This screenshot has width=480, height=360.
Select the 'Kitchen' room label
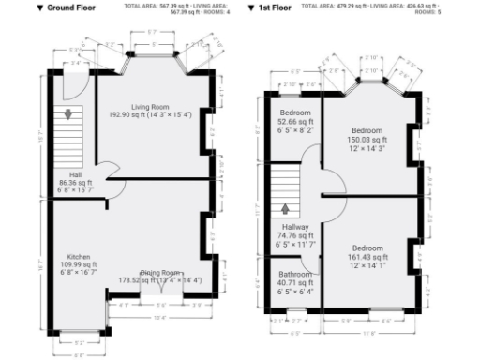[x=78, y=256]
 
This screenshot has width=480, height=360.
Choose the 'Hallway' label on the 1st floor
[x=294, y=227]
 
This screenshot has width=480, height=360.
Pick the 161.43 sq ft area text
[x=367, y=257]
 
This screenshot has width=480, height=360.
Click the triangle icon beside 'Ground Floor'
[x=40, y=7]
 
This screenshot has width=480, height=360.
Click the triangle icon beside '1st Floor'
[x=252, y=7]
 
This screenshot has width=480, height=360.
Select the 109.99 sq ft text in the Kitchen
[x=77, y=265]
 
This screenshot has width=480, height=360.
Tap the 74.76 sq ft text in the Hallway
[x=296, y=235]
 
